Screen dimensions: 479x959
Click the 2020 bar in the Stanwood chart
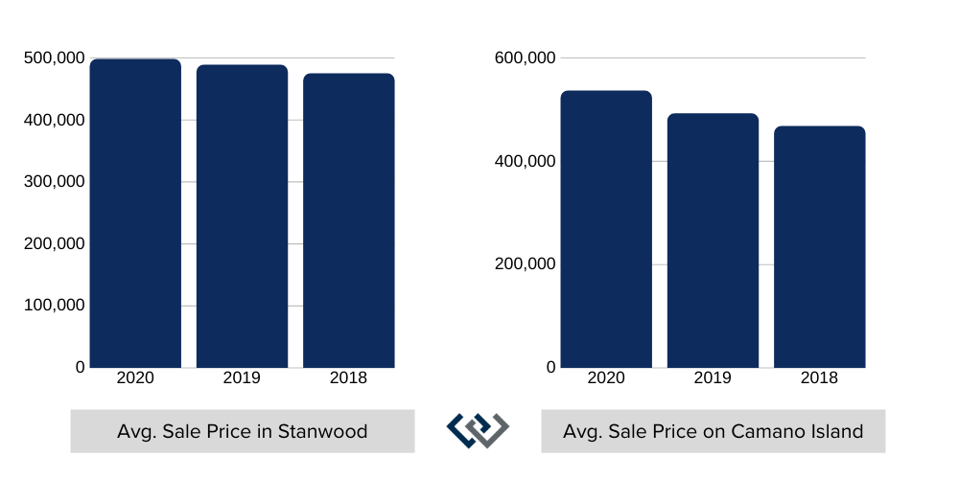(135, 213)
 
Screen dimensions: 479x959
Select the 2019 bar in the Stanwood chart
(242, 216)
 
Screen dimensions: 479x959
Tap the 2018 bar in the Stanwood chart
(348, 220)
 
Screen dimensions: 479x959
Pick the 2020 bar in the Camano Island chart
(606, 229)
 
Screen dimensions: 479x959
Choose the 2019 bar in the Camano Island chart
(713, 240)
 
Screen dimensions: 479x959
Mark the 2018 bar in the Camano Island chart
(819, 246)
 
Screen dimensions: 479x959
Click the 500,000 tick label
(54, 58)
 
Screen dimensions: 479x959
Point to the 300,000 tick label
(54, 182)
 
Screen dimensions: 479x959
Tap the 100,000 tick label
(54, 306)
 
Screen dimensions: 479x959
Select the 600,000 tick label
(525, 58)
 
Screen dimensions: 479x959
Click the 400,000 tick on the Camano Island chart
(525, 161)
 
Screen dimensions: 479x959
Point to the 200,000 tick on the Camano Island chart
(525, 264)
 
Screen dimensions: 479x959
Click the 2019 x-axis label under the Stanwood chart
(242, 378)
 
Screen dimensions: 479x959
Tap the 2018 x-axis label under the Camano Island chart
(819, 378)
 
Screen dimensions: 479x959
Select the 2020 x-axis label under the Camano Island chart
(606, 378)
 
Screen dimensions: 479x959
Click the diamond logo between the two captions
(478, 430)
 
